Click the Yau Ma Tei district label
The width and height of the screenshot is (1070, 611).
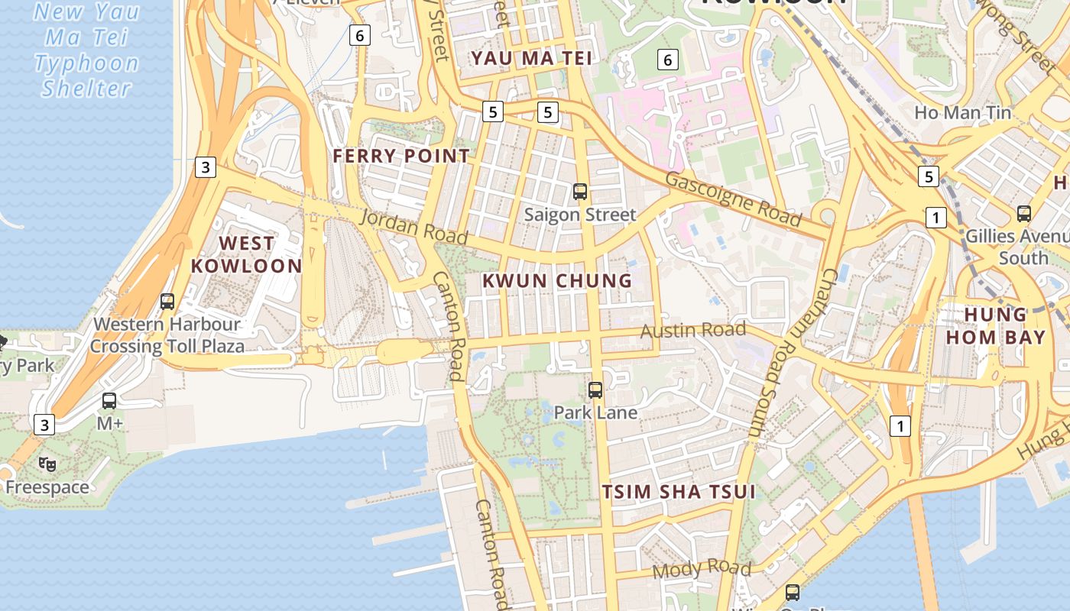tap(531, 58)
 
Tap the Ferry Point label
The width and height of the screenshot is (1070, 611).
tap(401, 156)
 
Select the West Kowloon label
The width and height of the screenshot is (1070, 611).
tap(246, 254)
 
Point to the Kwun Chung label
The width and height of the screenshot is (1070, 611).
tap(557, 280)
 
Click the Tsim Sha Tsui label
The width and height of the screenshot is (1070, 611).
tap(679, 491)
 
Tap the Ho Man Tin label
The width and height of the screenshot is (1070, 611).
tap(962, 113)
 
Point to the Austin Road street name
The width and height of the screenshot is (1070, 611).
tap(692, 330)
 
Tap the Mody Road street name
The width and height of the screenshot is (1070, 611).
tap(702, 568)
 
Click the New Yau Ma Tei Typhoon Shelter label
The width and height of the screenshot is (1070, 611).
tap(86, 50)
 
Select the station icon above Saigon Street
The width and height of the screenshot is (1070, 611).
tap(580, 192)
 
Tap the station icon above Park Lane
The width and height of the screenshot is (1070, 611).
tap(595, 390)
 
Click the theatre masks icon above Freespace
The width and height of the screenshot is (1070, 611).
tap(47, 464)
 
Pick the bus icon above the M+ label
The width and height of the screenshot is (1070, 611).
tap(109, 400)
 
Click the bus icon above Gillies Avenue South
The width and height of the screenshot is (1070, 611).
tap(1023, 214)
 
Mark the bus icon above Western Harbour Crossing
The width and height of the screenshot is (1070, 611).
tap(167, 302)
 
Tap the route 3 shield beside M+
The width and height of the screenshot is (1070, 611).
tap(45, 424)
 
